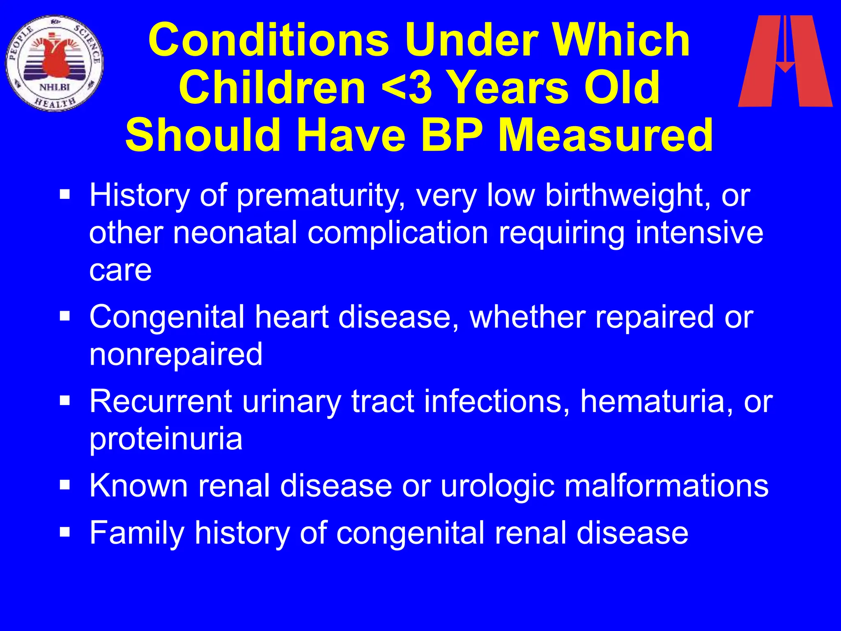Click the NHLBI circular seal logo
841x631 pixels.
(55, 63)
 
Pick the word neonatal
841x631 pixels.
(235, 233)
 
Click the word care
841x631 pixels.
(120, 270)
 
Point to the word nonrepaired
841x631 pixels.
(176, 355)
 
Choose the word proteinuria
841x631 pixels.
(166, 439)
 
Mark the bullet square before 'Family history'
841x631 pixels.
(65, 532)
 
